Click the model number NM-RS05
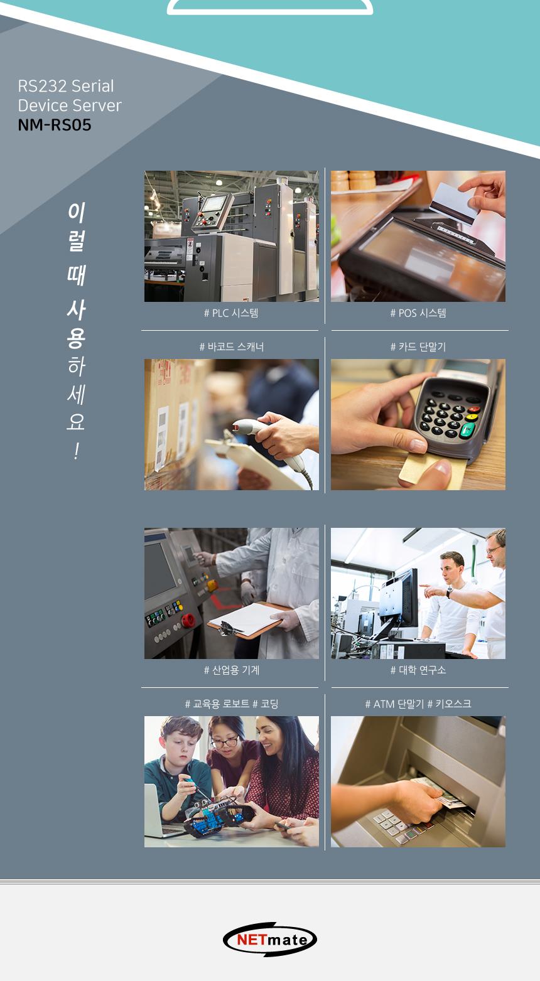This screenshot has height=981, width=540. click(55, 125)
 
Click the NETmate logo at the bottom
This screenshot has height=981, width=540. click(270, 939)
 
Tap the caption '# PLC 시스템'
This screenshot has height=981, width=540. click(231, 313)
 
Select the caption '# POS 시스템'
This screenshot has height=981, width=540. click(418, 313)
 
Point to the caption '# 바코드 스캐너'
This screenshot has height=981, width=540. click(231, 346)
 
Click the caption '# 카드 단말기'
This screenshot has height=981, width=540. click(418, 346)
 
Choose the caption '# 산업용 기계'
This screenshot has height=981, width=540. click(231, 670)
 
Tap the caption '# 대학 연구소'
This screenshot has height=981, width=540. click(418, 670)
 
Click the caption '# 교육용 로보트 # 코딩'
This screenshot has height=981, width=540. click(231, 704)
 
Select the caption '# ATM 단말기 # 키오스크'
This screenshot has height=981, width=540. click(418, 704)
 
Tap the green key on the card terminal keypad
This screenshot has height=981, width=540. click(468, 429)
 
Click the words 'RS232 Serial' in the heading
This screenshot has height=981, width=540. click(66, 86)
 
